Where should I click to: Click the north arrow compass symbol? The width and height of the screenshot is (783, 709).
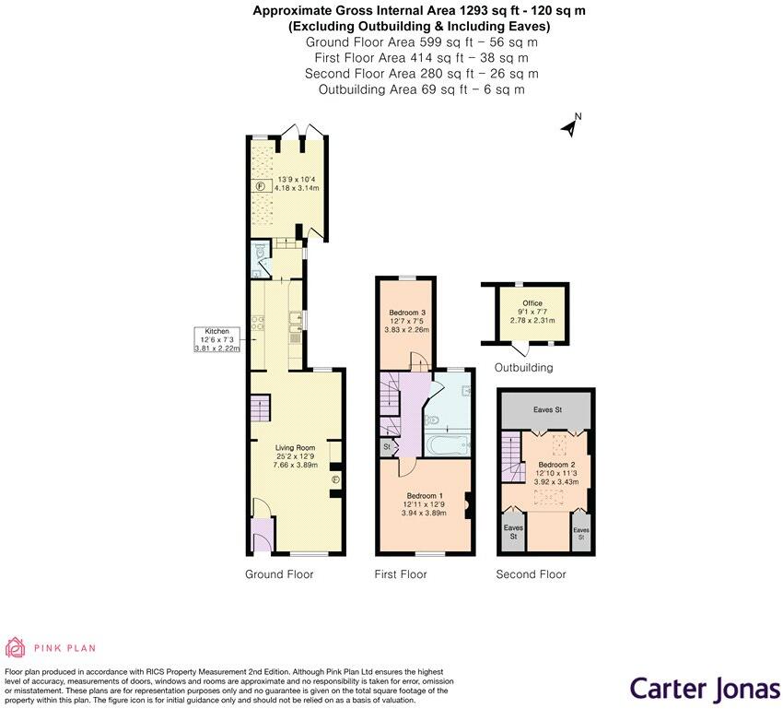[570, 125]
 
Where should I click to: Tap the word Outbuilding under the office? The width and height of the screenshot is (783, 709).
[523, 368]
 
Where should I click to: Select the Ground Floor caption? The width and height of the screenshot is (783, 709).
[279, 574]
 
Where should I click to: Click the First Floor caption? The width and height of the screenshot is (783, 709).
[401, 574]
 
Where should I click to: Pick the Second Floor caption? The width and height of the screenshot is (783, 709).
[531, 574]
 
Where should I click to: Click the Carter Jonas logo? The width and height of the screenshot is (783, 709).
[704, 688]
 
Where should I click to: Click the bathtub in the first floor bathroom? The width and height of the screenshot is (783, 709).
[448, 446]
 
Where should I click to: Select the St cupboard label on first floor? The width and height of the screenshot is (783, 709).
[386, 446]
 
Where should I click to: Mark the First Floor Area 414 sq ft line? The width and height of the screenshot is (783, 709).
[421, 57]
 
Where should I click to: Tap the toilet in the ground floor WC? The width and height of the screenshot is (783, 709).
[258, 251]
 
